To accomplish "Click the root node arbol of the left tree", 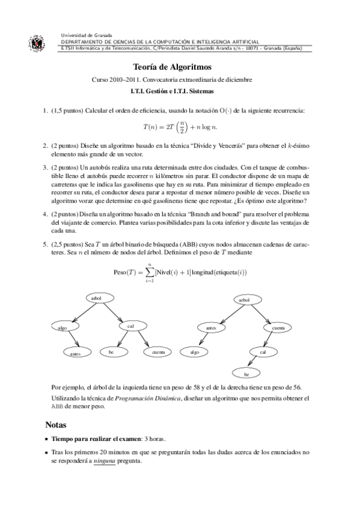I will (x=94, y=299).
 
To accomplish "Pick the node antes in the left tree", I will (x=75, y=354).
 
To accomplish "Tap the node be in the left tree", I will (x=111, y=351).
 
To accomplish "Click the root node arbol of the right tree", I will (x=244, y=299).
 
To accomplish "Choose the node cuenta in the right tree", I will (x=278, y=328).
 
